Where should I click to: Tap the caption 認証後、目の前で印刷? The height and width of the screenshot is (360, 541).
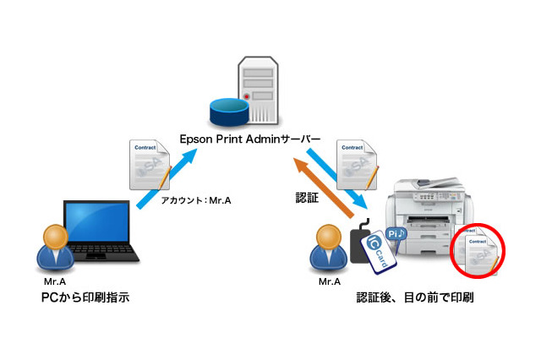pos(415,297)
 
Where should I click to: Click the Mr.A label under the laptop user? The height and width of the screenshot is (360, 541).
pos(54,281)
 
